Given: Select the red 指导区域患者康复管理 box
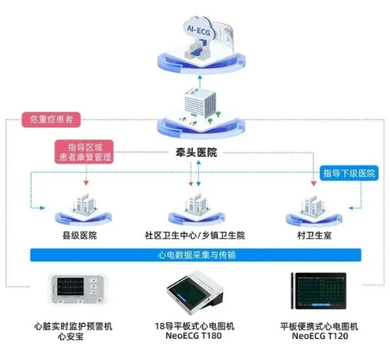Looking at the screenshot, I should (85, 151).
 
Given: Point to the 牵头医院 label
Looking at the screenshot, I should (196, 153).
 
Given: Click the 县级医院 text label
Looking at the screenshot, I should (79, 235).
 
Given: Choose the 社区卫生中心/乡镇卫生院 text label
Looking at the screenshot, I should (195, 235).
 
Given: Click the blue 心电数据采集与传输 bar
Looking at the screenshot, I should (196, 254).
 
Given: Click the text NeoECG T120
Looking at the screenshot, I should (320, 336).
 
